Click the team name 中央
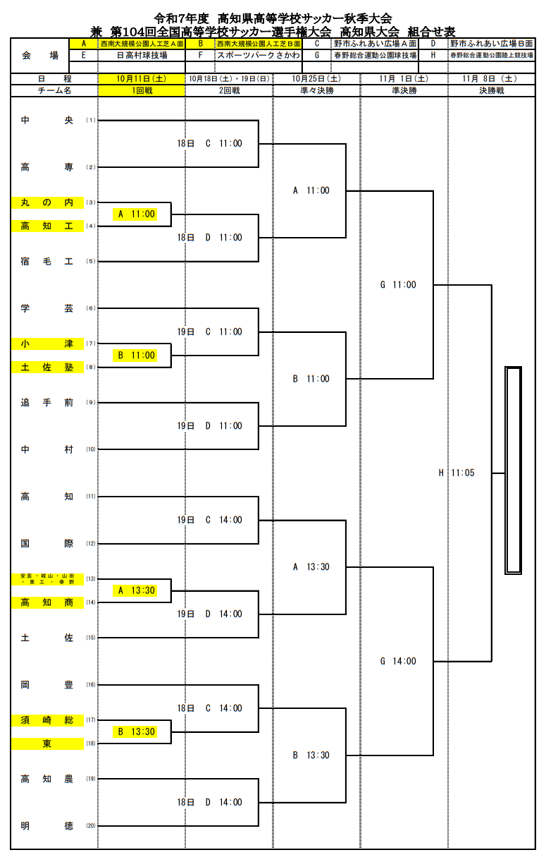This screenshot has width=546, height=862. click(47, 120)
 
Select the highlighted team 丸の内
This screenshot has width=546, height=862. click(47, 202)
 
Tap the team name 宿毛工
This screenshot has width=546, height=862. click(47, 261)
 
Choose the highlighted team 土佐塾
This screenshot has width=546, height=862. click(47, 367)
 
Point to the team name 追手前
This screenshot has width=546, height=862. click(47, 402)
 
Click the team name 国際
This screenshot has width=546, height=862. click(47, 543)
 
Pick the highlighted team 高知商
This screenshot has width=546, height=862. click(47, 602)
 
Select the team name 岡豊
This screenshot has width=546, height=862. click(47, 684)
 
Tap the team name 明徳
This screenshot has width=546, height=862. click(47, 825)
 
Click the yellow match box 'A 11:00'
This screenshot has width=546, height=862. click(137, 214)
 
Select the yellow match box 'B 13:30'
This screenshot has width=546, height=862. click(137, 732)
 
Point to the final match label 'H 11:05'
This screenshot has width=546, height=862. click(457, 473)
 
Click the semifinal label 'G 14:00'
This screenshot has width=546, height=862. click(398, 661)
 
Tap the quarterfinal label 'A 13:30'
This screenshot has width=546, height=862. click(311, 566)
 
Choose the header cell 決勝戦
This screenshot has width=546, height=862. click(491, 90)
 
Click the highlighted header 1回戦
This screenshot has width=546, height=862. click(142, 90)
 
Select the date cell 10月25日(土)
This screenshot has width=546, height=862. click(316, 79)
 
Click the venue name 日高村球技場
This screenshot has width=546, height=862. click(142, 54)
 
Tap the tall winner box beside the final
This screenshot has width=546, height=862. click(513, 470)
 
